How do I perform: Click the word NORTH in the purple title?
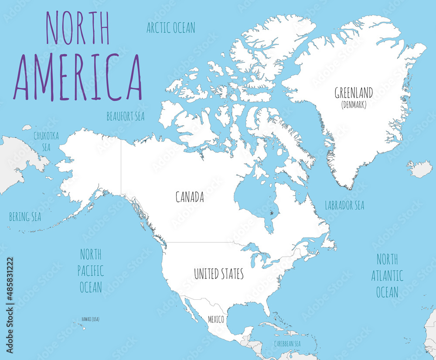(78, 27)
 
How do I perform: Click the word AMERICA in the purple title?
(78, 78)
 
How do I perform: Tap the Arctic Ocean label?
(170, 28)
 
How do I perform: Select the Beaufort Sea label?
(126, 117)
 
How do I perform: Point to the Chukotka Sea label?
(46, 141)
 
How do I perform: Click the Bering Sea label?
(25, 217)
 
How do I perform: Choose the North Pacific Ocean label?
(91, 271)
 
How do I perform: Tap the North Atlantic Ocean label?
(387, 276)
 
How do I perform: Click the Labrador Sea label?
(344, 205)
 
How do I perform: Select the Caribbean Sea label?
(287, 344)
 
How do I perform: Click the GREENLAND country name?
(354, 93)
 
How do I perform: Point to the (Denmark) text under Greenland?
(354, 105)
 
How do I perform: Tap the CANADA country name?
(190, 197)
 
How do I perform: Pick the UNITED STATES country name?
(218, 274)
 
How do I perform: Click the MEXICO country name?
(216, 319)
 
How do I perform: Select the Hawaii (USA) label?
(90, 319)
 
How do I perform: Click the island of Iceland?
(420, 169)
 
